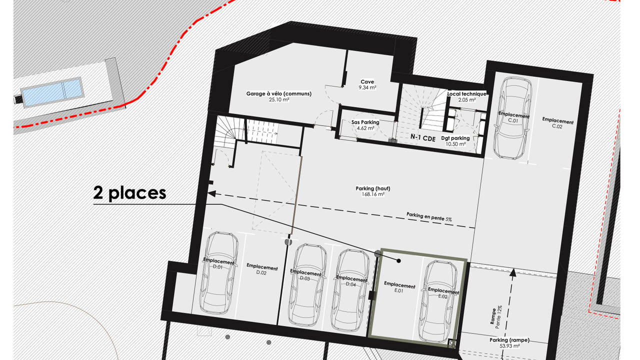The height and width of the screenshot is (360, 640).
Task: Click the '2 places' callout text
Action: point(129,193)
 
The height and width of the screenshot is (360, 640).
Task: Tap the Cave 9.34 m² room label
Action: point(367,85)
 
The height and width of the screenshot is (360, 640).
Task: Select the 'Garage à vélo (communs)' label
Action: point(279,96)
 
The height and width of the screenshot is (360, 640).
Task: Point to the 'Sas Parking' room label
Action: point(365,125)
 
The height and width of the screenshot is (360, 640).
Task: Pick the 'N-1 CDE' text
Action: point(423,137)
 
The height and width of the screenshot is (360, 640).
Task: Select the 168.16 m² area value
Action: point(373,194)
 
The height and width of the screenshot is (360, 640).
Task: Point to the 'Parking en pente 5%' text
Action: point(429,217)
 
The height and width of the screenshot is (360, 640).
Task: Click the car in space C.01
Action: point(512,117)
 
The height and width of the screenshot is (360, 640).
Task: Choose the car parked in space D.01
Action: point(219,273)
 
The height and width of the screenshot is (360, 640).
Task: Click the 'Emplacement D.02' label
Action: point(262,269)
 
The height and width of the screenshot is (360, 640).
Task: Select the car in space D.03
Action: point(307,285)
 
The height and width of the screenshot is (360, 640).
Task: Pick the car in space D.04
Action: point(350,290)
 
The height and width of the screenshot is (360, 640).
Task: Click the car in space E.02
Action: point(439,301)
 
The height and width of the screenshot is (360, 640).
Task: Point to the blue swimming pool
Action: point(52,92)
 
